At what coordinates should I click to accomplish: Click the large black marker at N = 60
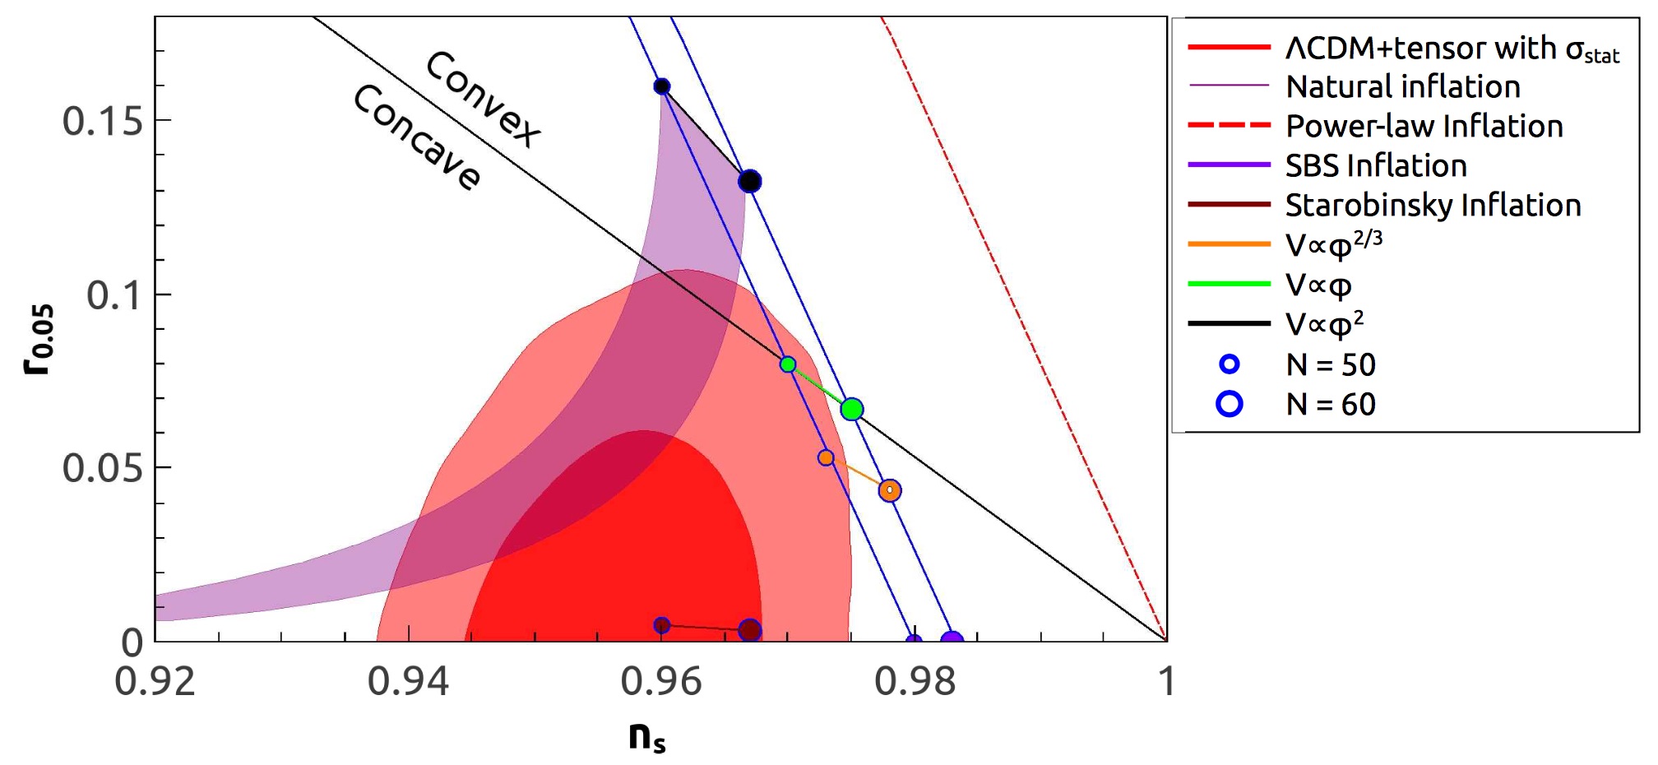click(x=749, y=181)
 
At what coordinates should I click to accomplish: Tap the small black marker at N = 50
click(x=661, y=86)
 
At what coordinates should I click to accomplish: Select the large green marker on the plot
click(x=852, y=409)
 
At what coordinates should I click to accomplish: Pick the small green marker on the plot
click(x=788, y=364)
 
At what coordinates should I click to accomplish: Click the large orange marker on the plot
click(x=889, y=490)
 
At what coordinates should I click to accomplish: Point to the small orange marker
click(x=826, y=457)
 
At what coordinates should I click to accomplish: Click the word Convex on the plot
click(x=484, y=99)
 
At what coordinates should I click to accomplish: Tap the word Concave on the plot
click(x=417, y=137)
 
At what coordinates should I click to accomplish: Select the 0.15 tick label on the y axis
click(x=103, y=122)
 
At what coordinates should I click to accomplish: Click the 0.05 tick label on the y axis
click(x=103, y=469)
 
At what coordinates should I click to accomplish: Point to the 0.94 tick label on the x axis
click(x=408, y=682)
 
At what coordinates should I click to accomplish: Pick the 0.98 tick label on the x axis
click(x=915, y=682)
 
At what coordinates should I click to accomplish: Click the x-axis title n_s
click(x=646, y=736)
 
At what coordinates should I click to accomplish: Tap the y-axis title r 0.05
click(x=39, y=339)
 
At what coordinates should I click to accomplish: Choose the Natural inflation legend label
click(x=1402, y=86)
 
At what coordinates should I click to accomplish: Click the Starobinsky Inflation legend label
click(x=1433, y=205)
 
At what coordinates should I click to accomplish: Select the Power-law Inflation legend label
click(x=1424, y=126)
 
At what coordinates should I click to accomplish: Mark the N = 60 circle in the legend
click(x=1230, y=404)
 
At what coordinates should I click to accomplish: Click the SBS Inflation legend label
click(x=1376, y=165)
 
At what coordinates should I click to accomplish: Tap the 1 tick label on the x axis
click(x=1166, y=682)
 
